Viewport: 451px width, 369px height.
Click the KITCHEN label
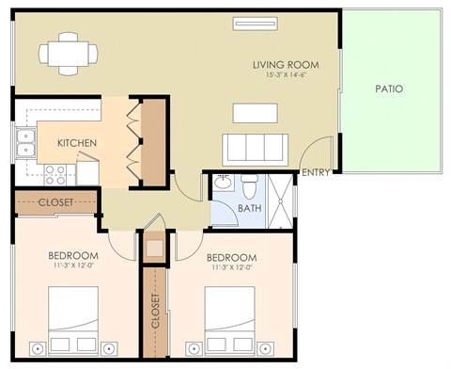(x=78, y=143)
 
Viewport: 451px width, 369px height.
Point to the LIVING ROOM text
(x=286, y=64)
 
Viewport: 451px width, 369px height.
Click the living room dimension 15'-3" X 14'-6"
(x=286, y=75)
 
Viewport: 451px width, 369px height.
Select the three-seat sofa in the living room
(x=254, y=149)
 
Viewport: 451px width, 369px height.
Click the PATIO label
(x=388, y=89)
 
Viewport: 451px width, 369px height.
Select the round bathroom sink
(x=223, y=184)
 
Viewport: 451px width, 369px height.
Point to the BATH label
(x=249, y=208)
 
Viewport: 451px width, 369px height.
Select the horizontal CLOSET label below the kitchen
(x=55, y=201)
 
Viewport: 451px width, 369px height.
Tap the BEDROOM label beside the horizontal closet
(x=73, y=256)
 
